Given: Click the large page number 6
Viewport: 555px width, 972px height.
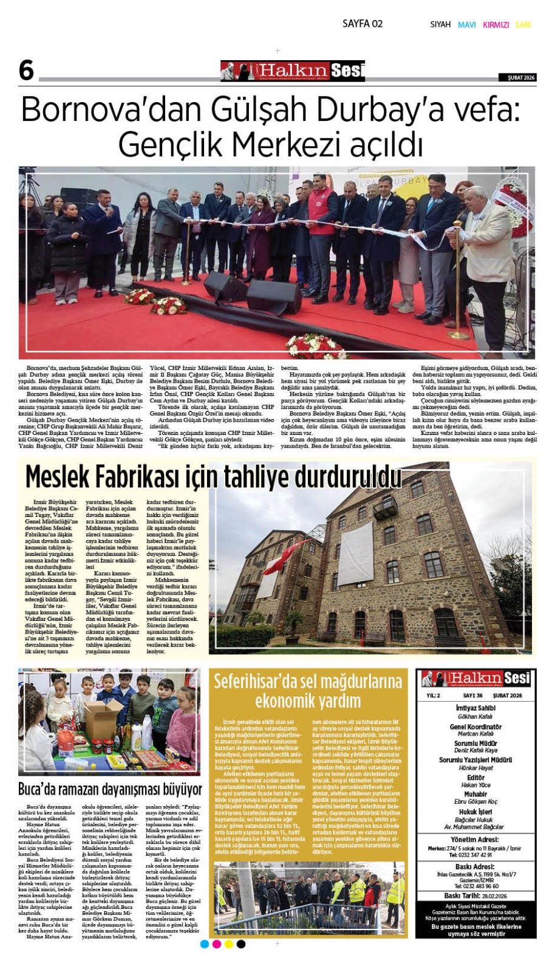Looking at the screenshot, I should tap(26, 70).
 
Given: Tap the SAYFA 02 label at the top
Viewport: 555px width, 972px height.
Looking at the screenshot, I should tap(363, 24).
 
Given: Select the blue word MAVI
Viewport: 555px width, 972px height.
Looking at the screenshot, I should tap(466, 25).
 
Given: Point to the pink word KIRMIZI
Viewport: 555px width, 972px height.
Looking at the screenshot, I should tap(495, 25).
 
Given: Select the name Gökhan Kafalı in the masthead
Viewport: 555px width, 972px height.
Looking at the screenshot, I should tap(475, 716).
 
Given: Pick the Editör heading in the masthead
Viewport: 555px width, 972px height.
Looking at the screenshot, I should tap(475, 778).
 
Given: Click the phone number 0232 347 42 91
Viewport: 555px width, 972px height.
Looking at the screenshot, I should tap(475, 855).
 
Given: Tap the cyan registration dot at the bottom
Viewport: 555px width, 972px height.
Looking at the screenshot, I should tap(205, 944).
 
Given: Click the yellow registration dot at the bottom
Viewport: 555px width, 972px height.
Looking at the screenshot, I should tap(229, 944).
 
